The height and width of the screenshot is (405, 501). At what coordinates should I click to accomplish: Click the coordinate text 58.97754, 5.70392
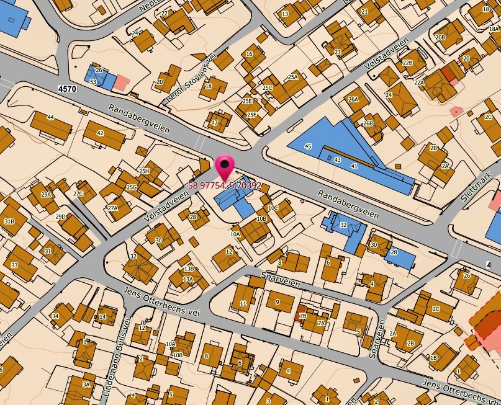coord(225,185)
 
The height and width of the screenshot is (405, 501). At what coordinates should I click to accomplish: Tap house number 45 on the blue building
coord(308,146)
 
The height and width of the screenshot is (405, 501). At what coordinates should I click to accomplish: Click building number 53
coord(93,82)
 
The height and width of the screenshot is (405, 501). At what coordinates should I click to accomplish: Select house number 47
coord(215,122)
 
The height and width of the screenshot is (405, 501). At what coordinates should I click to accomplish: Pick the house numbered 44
coord(50,117)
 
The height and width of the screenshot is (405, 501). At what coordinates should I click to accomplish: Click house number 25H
coord(144,171)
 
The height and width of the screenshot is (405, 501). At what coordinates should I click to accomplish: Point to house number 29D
coord(60,216)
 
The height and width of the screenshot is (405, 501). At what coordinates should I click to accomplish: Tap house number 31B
coord(9,221)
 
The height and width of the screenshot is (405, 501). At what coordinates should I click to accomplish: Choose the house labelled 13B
coord(189,269)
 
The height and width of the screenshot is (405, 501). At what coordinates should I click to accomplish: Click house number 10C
coord(273,208)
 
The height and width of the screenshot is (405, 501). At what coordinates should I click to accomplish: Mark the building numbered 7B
coord(303,316)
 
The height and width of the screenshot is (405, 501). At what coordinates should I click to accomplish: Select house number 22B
coord(407,63)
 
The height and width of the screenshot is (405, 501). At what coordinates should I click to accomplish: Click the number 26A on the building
coord(353,99)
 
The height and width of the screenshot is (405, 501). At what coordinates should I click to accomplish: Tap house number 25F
coord(251,115)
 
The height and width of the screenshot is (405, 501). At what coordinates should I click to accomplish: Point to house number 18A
coord(494,29)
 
